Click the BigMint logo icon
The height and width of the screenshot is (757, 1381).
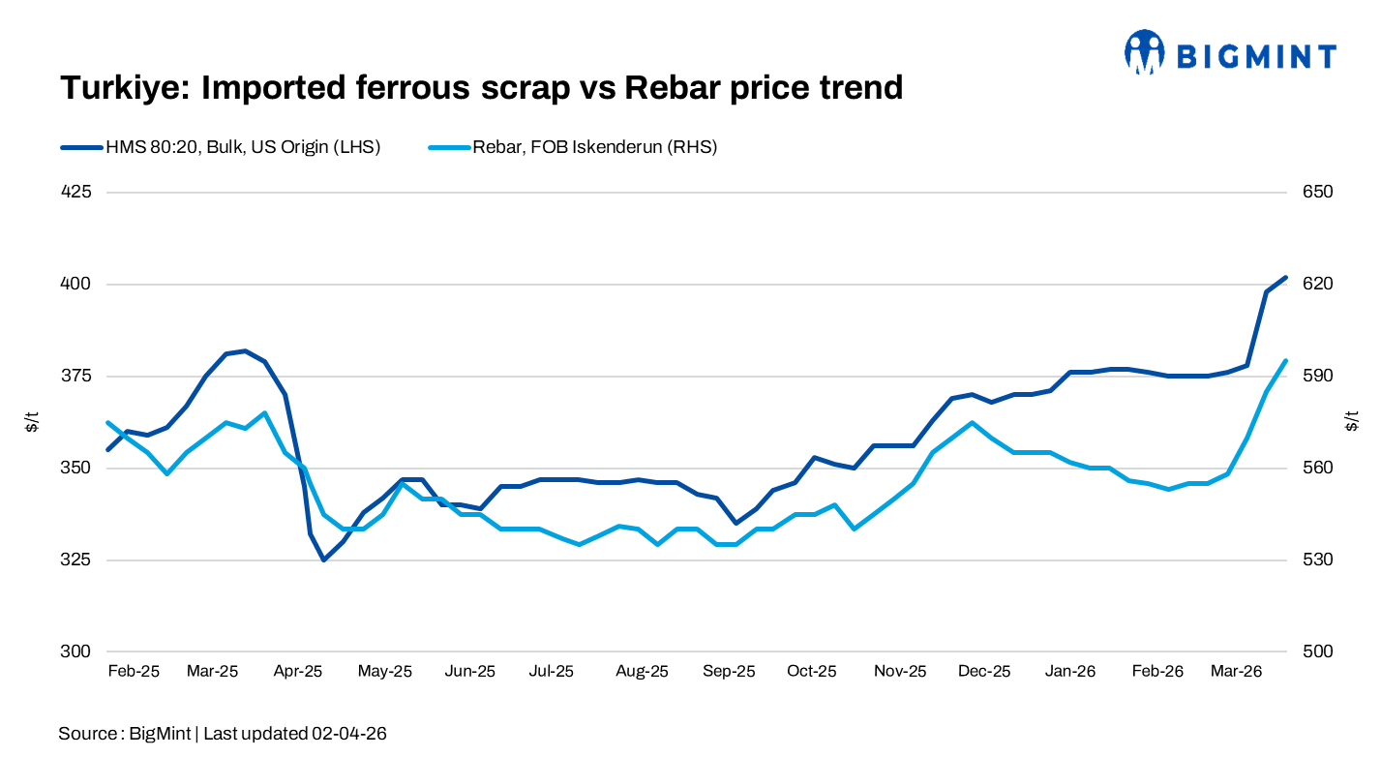point(1144,52)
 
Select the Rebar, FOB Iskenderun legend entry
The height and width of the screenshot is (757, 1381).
point(573,147)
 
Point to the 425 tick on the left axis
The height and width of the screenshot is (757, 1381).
point(76,192)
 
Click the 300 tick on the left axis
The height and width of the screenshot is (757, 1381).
point(76,651)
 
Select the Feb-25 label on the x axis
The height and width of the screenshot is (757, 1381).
point(134,671)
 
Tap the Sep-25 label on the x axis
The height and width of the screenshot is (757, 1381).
point(729,671)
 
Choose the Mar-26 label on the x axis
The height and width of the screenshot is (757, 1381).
point(1237,671)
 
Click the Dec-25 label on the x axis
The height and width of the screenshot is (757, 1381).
point(984,671)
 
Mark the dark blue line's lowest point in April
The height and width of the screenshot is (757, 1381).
point(323,560)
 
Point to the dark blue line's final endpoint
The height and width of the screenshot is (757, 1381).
point(1285,278)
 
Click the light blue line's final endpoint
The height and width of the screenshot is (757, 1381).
point(1285,361)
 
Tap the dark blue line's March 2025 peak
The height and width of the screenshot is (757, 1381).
point(246,350)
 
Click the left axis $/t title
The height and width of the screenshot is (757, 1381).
point(32,421)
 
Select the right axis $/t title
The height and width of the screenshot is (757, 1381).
point(1352,421)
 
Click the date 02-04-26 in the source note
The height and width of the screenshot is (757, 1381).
point(349,734)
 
